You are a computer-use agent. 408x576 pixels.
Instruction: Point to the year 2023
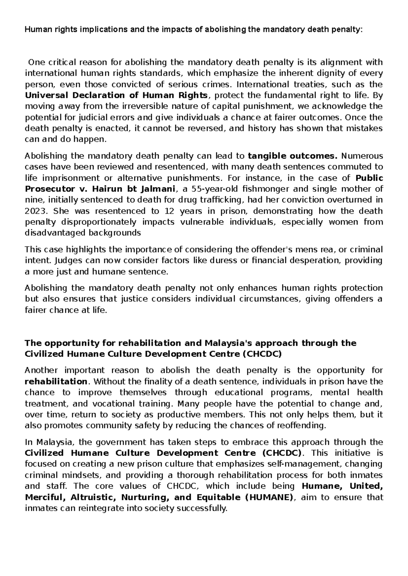[35, 211]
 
